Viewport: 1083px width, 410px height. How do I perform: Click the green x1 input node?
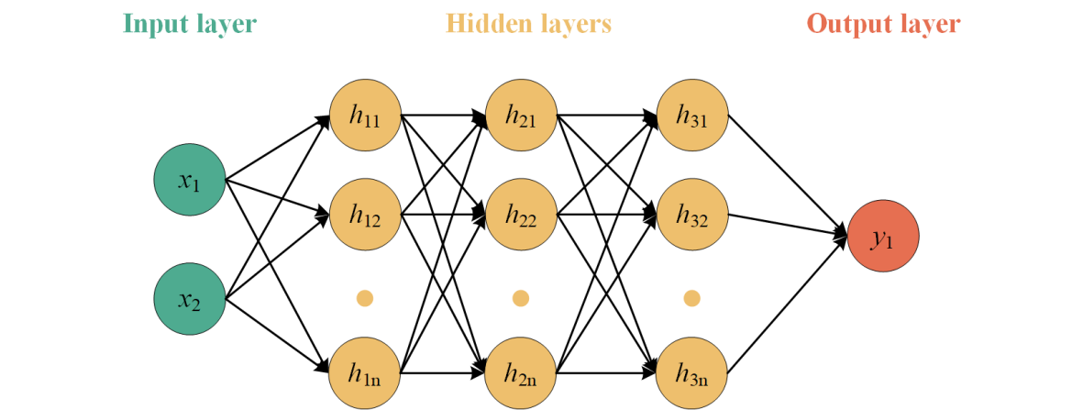point(190,181)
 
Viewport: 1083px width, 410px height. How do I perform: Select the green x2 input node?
point(190,298)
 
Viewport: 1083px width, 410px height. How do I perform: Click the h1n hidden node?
point(365,372)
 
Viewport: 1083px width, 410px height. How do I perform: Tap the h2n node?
point(521,372)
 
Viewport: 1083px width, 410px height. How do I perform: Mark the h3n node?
point(691,372)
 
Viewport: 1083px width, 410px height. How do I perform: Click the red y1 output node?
point(883,238)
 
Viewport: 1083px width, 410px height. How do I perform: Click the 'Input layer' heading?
point(189,24)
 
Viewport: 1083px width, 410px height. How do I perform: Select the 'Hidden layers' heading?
point(528,24)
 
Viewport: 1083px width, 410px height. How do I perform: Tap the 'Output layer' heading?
point(883,24)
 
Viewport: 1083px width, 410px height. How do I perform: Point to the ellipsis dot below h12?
point(365,297)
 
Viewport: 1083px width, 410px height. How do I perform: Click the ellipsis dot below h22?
point(521,297)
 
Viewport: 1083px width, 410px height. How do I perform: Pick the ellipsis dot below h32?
point(691,297)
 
